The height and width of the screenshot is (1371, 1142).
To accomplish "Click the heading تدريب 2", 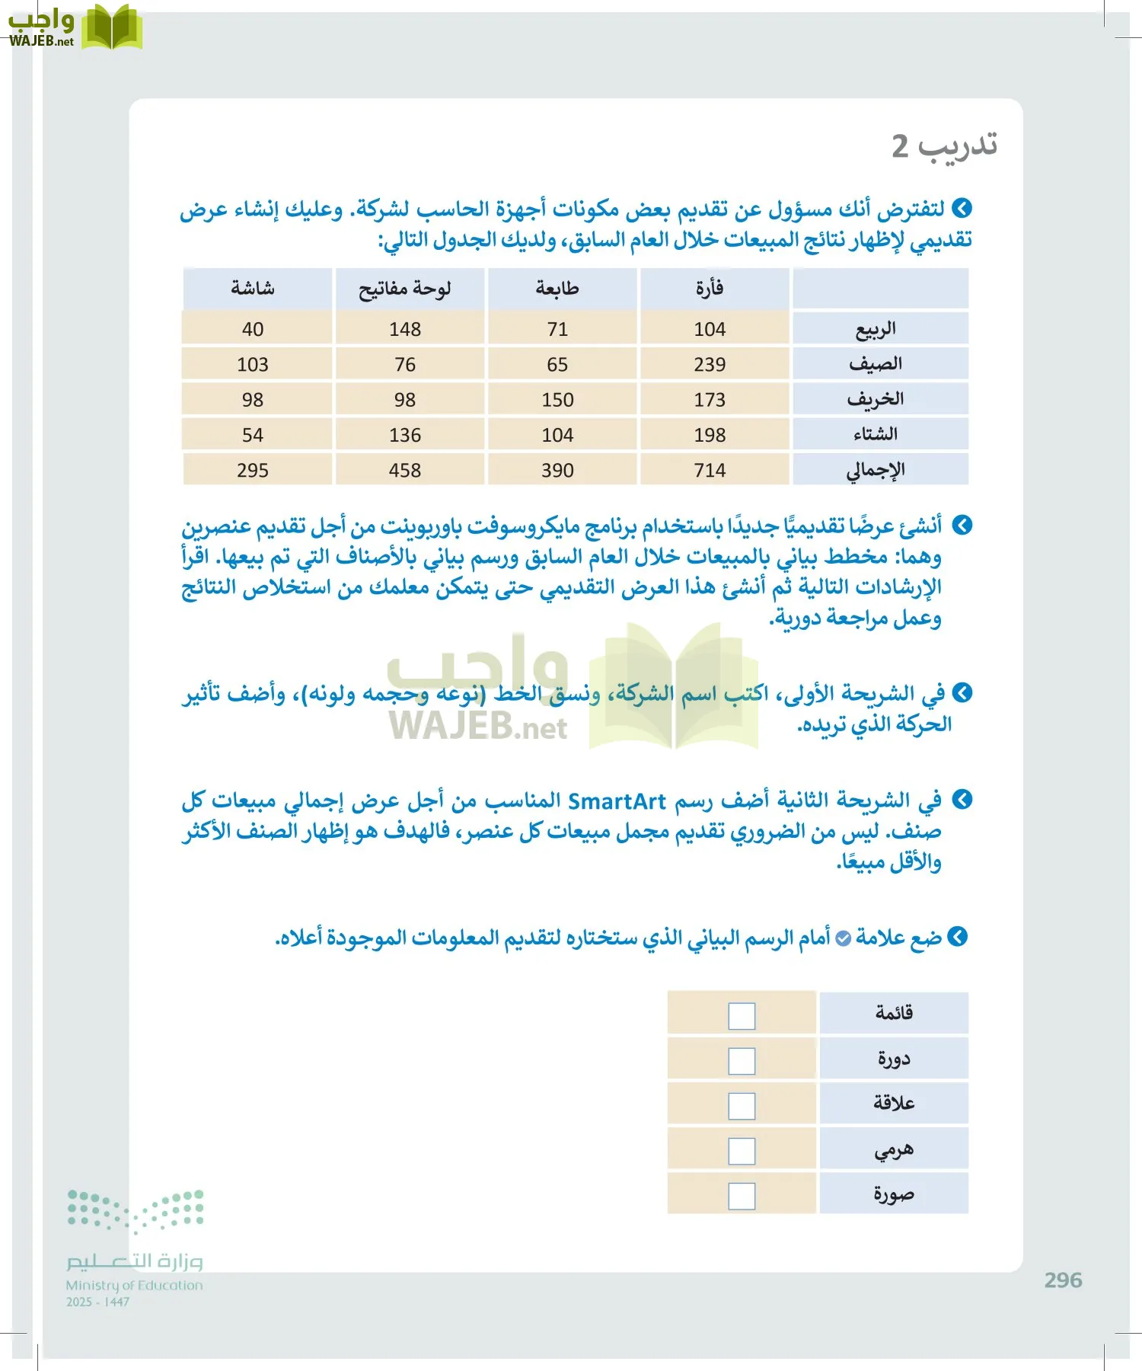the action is (944, 145).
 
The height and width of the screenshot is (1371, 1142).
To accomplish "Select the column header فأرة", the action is (710, 289).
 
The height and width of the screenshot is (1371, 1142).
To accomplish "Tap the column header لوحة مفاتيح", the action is (405, 289).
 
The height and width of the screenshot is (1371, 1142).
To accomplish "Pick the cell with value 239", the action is (710, 364).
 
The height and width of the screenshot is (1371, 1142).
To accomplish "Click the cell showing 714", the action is (710, 470).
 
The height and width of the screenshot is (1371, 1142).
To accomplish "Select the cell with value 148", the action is (405, 329).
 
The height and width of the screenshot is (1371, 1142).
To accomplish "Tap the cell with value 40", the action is (253, 329).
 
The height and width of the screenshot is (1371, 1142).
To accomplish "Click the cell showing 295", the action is (253, 470).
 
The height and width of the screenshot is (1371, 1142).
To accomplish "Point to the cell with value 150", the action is (557, 400).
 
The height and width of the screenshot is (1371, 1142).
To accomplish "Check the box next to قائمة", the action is (742, 1015).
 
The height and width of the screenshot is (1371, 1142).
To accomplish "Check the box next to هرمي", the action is (742, 1151).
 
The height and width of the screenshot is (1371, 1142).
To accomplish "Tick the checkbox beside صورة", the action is (742, 1196).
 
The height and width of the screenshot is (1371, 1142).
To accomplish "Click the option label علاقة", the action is (894, 1103).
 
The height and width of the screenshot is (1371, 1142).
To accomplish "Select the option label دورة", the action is (894, 1058).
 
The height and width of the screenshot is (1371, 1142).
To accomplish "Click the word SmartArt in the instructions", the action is (617, 801).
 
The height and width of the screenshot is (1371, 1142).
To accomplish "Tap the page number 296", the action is (1063, 1280).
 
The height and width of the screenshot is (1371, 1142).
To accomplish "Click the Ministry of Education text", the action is (134, 1285).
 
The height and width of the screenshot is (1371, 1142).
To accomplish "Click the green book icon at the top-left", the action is (112, 27).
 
